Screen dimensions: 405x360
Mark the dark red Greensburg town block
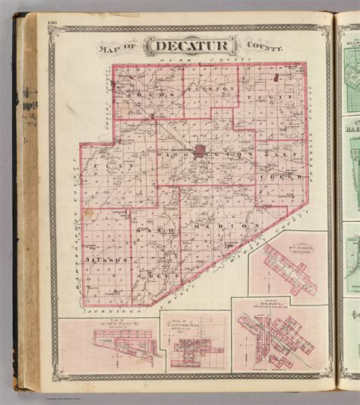pos(201,150)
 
